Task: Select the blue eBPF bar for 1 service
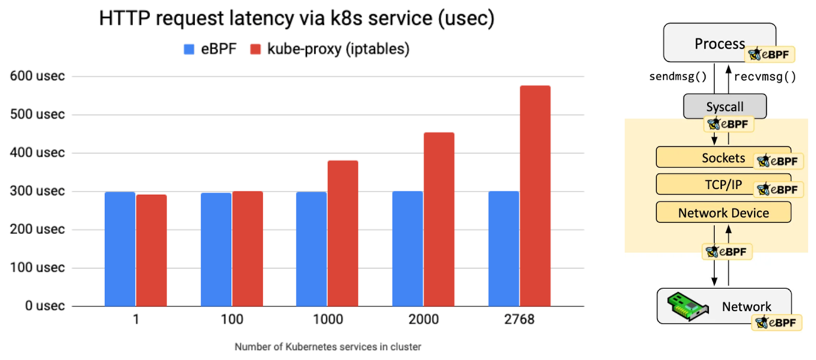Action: pyautogui.click(x=120, y=249)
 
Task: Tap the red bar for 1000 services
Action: pyautogui.click(x=343, y=233)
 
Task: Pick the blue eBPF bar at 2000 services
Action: pyautogui.click(x=407, y=249)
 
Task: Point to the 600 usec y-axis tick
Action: pyautogui.click(x=38, y=76)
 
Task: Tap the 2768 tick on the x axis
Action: pyautogui.click(x=520, y=320)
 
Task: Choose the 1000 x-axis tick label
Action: pyautogui.click(x=328, y=320)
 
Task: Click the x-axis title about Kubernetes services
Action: pyautogui.click(x=328, y=347)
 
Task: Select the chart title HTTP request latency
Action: pyautogui.click(x=296, y=19)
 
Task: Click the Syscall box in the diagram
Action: pyautogui.click(x=725, y=107)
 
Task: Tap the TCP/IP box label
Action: pyautogui.click(x=723, y=185)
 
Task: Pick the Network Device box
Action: pyautogui.click(x=724, y=213)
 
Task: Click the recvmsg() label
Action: pyautogui.click(x=765, y=77)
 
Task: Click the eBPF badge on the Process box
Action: pyautogui.click(x=770, y=55)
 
